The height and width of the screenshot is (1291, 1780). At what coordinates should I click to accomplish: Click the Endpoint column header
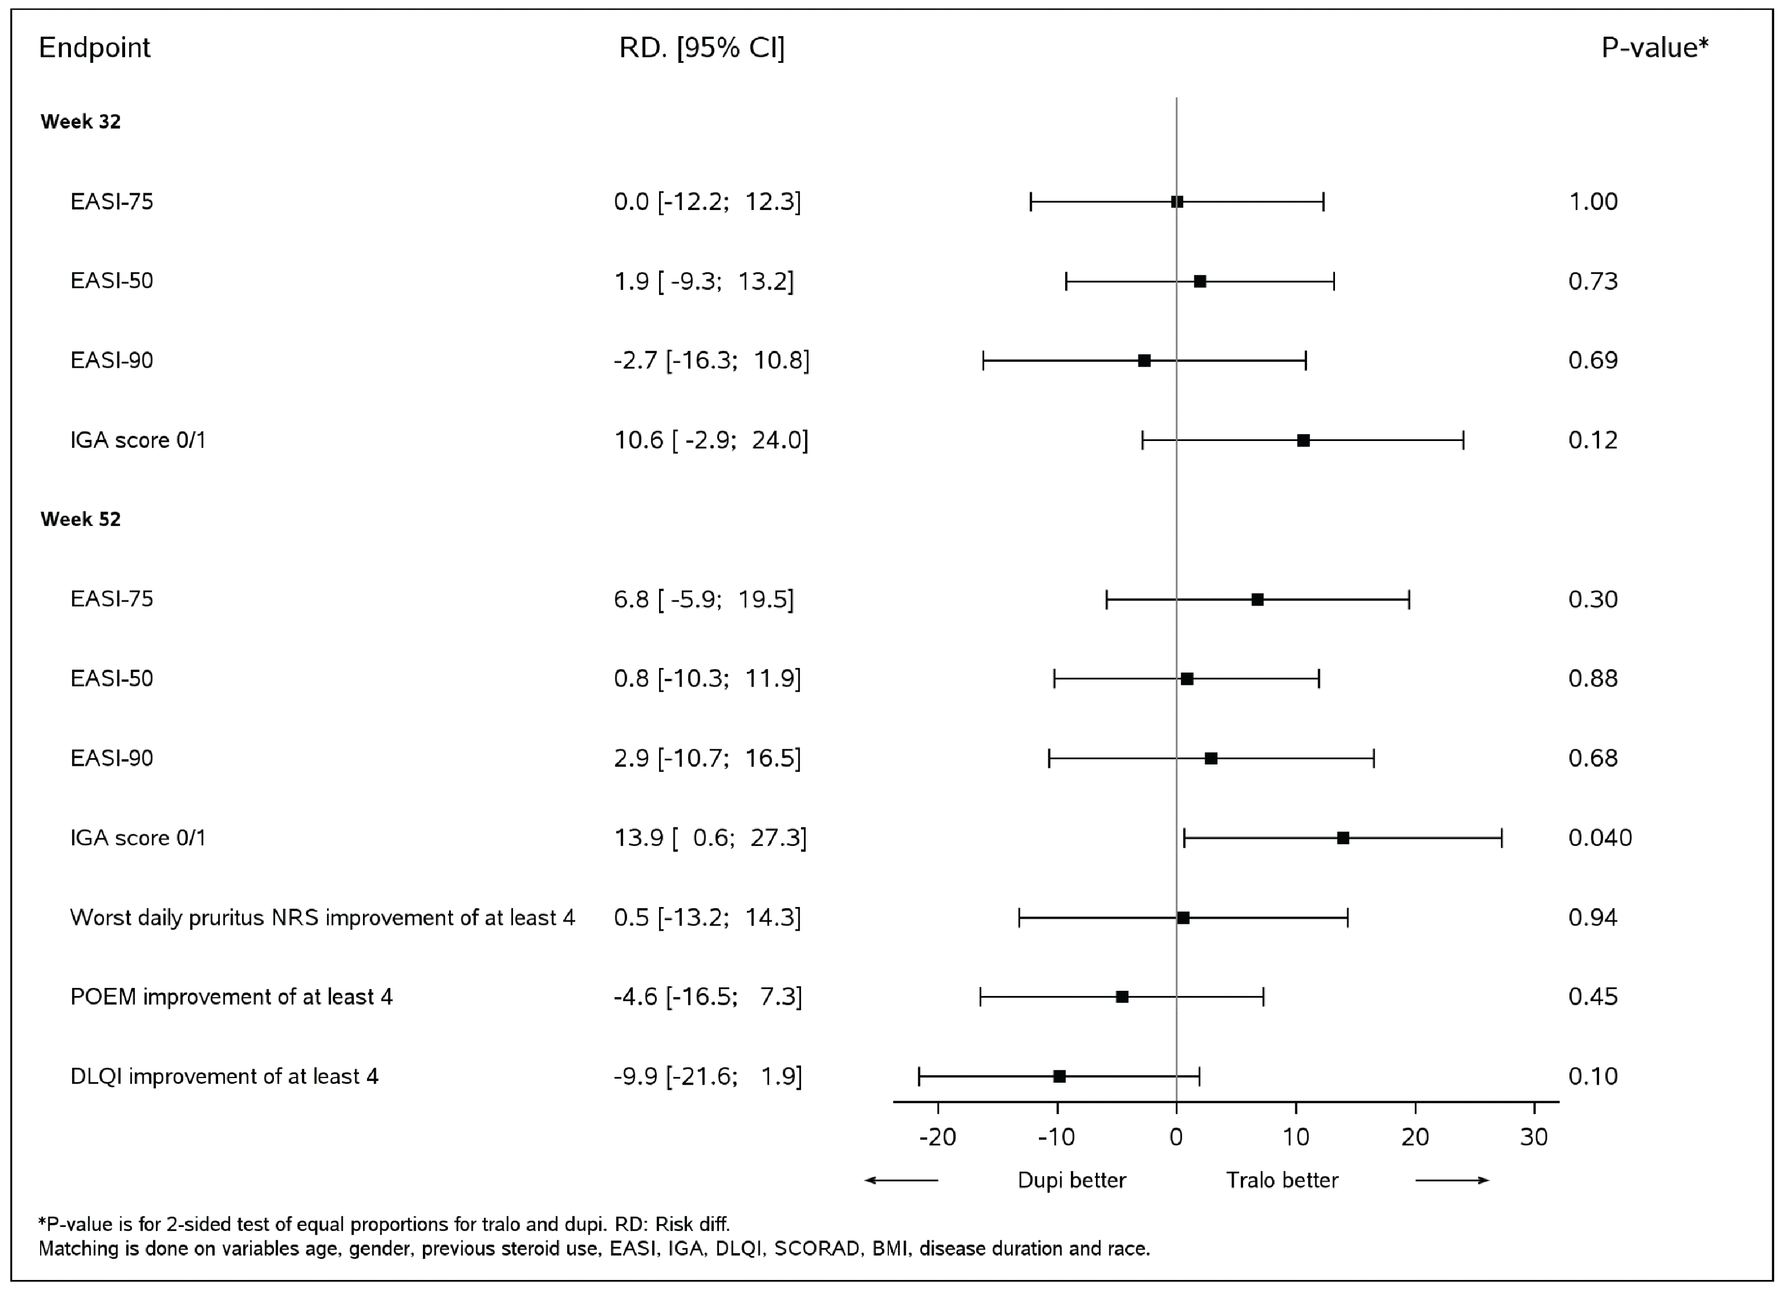[94, 48]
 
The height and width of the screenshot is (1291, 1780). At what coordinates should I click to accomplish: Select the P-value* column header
[1654, 48]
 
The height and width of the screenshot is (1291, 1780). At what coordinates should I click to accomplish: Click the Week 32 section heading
[81, 122]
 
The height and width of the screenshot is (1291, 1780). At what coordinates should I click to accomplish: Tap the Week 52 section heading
[81, 520]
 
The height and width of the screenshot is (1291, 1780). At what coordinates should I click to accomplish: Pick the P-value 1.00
[1593, 202]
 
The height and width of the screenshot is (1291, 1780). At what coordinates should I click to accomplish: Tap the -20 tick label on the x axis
[938, 1137]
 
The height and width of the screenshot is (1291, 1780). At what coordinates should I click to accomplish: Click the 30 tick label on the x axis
[1533, 1137]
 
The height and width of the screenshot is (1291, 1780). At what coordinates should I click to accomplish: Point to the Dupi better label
[1071, 1180]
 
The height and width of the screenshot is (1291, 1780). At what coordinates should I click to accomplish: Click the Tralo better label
[1281, 1180]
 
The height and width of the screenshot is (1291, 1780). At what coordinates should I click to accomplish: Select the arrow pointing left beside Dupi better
[901, 1180]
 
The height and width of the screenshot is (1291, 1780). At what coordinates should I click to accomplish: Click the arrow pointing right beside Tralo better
[1452, 1180]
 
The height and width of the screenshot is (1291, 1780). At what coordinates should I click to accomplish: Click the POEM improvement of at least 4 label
[232, 997]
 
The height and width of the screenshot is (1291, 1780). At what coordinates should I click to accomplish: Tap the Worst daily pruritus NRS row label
[322, 917]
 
